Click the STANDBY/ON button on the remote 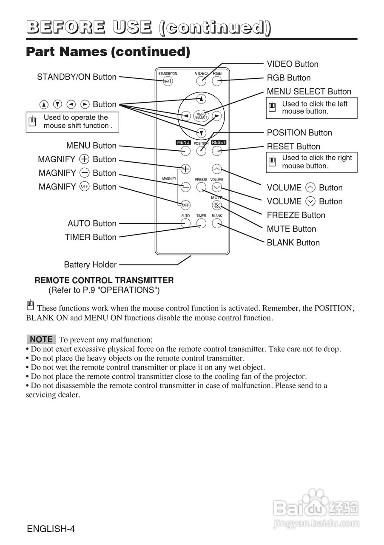pos(168,81)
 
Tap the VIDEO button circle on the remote pos(201,81)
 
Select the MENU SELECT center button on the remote pos(201,115)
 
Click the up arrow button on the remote pos(201,99)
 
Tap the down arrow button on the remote pos(201,132)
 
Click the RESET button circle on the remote pos(217,150)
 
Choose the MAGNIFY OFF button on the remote pos(185,205)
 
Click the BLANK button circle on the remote pos(217,224)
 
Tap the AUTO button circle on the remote pos(185,224)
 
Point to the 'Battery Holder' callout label pos(90,265)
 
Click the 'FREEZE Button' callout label pos(296,215)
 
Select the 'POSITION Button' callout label pos(299,133)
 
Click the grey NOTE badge pos(41,339)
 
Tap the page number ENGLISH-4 pos(51,529)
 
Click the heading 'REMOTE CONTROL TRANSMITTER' pos(104,281)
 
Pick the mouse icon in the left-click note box pos(273,107)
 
